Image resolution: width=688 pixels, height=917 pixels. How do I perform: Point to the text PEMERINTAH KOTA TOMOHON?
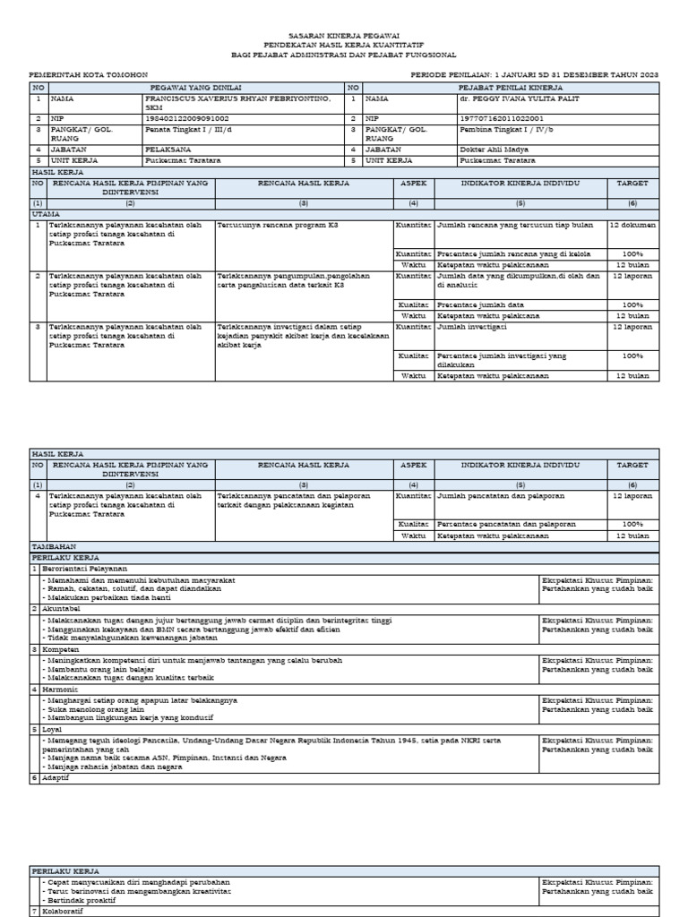[89, 74]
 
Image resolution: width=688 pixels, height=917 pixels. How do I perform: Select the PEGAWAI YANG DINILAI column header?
[187, 87]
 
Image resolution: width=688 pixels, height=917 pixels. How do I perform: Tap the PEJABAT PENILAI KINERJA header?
[510, 87]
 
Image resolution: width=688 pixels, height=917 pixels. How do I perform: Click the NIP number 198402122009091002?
[186, 118]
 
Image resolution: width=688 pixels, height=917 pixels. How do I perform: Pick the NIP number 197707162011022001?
[500, 118]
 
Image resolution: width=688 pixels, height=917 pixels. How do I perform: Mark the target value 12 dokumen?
[632, 225]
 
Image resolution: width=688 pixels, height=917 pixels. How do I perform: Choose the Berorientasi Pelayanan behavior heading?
[84, 569]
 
